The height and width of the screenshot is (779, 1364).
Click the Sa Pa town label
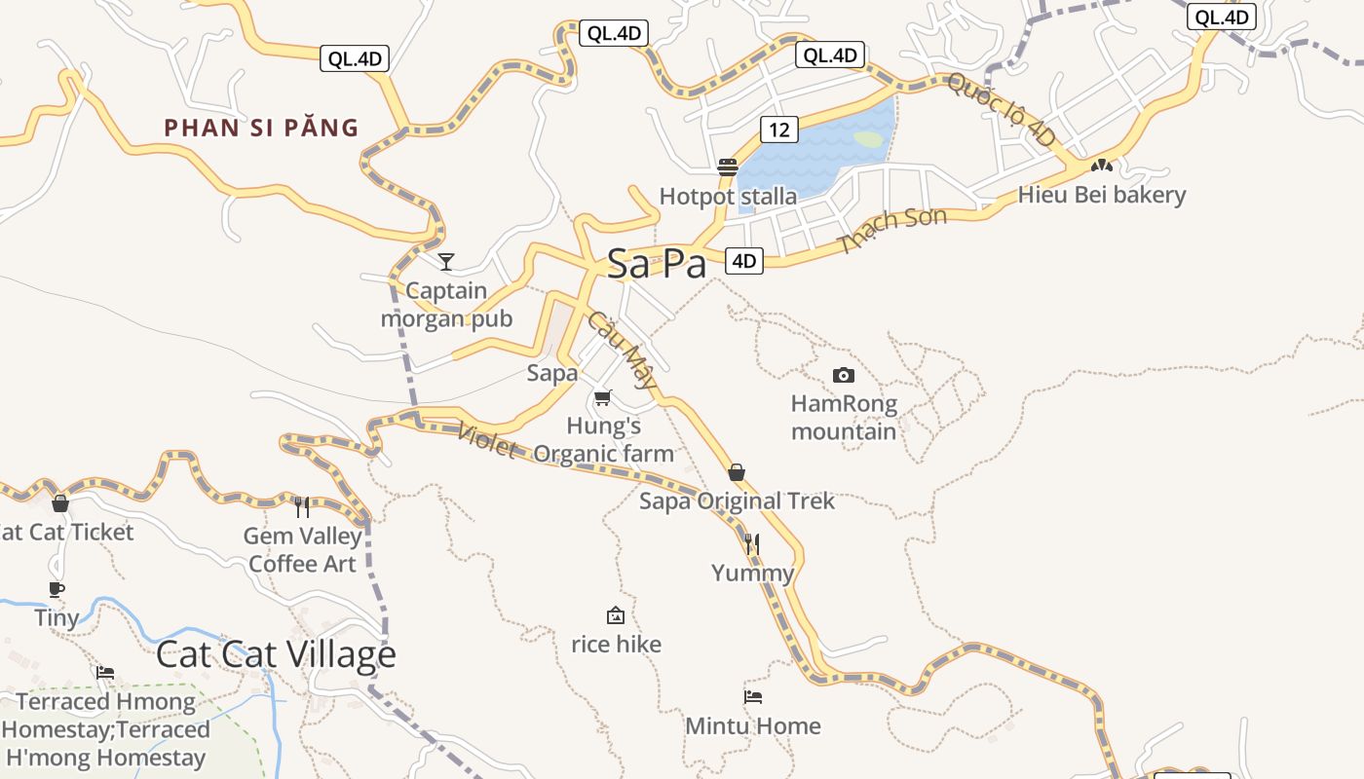click(x=656, y=264)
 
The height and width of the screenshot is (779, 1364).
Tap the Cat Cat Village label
click(x=276, y=654)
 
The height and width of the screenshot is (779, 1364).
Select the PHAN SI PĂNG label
click(x=261, y=128)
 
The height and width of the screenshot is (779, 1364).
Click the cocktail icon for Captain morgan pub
click(x=446, y=261)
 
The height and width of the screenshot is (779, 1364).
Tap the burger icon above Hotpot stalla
click(x=727, y=167)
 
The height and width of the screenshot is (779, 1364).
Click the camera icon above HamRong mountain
click(x=844, y=375)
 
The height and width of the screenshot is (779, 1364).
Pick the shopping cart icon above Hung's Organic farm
click(x=603, y=397)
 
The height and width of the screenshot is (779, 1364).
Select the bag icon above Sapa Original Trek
click(x=737, y=472)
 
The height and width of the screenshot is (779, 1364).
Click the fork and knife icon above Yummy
click(x=751, y=543)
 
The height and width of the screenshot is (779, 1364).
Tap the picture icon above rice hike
click(x=616, y=615)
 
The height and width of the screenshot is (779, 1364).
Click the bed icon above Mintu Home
click(x=753, y=697)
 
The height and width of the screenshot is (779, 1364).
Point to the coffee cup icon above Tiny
click(x=57, y=589)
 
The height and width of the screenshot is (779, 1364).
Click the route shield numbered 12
click(x=779, y=130)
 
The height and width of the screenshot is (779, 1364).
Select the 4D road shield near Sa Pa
click(x=743, y=261)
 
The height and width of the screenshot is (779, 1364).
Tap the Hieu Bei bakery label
click(x=1102, y=195)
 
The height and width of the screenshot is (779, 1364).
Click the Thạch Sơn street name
click(x=891, y=231)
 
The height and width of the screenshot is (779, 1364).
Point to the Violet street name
click(x=486, y=440)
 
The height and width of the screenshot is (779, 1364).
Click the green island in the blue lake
click(x=867, y=139)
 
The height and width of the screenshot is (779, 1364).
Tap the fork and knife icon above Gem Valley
click(x=302, y=506)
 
